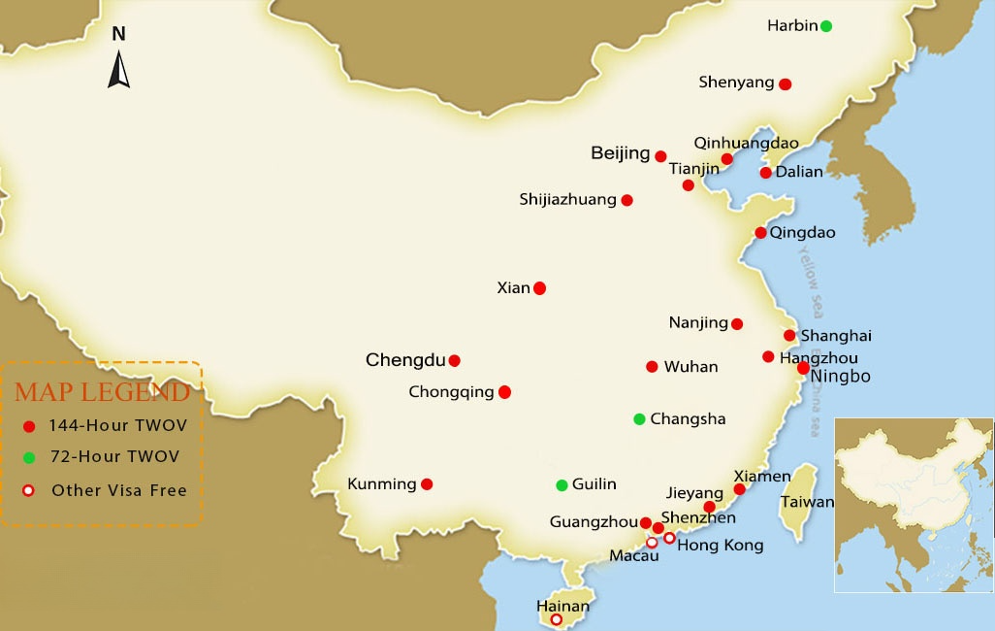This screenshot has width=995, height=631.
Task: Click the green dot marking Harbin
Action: click(825, 26)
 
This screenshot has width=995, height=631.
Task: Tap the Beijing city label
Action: click(620, 153)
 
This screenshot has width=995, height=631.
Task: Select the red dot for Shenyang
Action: click(785, 84)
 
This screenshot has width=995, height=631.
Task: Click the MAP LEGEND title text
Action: click(102, 393)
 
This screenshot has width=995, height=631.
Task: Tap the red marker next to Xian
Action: click(539, 288)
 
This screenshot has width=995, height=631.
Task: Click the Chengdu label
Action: click(404, 360)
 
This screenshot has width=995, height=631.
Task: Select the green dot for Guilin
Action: click(562, 485)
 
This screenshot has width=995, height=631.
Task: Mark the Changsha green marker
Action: click(639, 419)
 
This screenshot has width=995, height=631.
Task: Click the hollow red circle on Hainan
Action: click(556, 619)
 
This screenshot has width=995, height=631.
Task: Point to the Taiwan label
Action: click(806, 502)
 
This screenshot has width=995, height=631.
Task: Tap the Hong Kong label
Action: click(720, 546)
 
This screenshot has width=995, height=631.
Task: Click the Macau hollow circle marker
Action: click(652, 543)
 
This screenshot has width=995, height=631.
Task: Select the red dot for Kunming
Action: click(427, 484)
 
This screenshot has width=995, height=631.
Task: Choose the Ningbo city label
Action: click(841, 376)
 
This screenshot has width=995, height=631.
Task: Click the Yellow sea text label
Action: click(808, 272)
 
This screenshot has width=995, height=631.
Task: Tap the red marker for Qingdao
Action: click(760, 233)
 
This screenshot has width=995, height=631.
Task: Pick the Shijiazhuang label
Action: click(567, 200)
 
